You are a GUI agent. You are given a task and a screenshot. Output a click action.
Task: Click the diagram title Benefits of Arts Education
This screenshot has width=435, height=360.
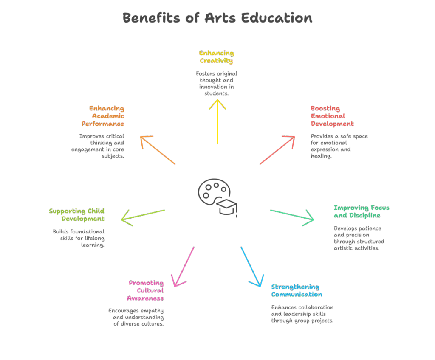[217, 18]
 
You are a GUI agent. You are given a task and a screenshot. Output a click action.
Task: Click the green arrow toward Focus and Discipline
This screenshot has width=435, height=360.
[292, 215]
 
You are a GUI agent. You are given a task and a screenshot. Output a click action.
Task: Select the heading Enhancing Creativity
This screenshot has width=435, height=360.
[216, 57]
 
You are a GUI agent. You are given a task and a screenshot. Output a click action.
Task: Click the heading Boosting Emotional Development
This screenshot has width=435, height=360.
[332, 116]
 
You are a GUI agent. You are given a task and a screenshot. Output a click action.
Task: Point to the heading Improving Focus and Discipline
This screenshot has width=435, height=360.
[361, 211]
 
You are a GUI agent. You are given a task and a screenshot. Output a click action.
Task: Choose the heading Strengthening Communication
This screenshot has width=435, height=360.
[296, 290]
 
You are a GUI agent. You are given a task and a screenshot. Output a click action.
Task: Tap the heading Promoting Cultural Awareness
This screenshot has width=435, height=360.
[146, 290]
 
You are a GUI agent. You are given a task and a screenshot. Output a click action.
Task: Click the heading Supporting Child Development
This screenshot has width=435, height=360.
[76, 215]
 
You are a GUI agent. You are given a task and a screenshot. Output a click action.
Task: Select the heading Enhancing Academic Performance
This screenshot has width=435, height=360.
[103, 116]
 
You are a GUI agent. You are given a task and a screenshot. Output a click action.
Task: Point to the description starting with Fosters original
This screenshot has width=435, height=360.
[216, 83]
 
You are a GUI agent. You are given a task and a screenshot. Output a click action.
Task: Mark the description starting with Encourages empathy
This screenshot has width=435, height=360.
[136, 317]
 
